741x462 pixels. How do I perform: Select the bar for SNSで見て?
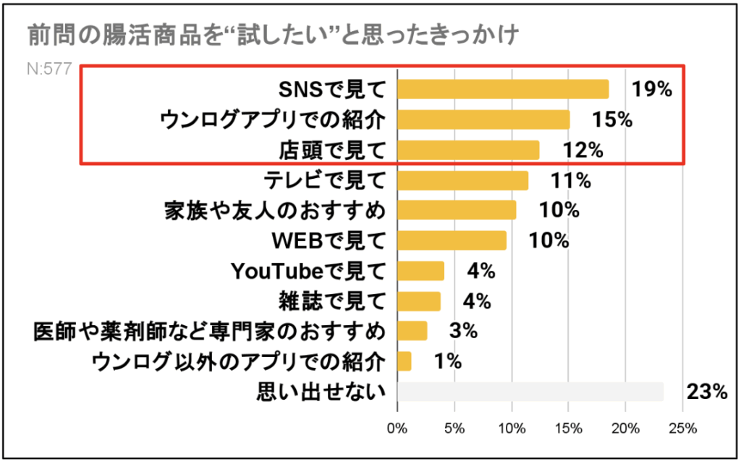click(503, 89)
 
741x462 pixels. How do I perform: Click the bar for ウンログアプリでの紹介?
click(483, 119)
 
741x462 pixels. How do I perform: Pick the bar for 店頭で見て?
click(468, 150)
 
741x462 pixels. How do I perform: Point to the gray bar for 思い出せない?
click(530, 392)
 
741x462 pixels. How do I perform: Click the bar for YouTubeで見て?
click(421, 271)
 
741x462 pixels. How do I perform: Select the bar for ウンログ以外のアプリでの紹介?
click(405, 361)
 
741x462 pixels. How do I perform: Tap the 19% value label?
click(651, 89)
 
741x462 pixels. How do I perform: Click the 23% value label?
click(706, 392)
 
